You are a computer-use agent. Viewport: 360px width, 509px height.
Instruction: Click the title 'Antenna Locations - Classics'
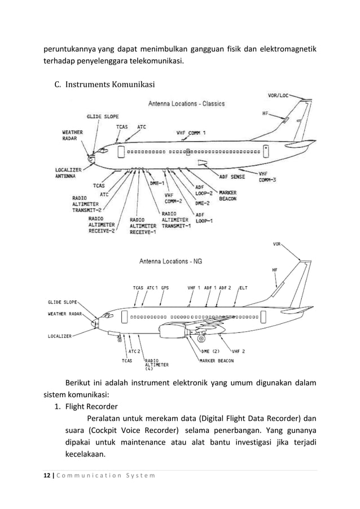click(186, 104)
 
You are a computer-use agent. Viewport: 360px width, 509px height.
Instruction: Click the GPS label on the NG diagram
click(165, 287)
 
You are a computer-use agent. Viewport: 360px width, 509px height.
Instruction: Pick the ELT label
click(244, 287)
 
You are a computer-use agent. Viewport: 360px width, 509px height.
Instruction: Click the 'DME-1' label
click(157, 183)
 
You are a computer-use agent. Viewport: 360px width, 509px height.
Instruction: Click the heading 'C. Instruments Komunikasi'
click(104, 85)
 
